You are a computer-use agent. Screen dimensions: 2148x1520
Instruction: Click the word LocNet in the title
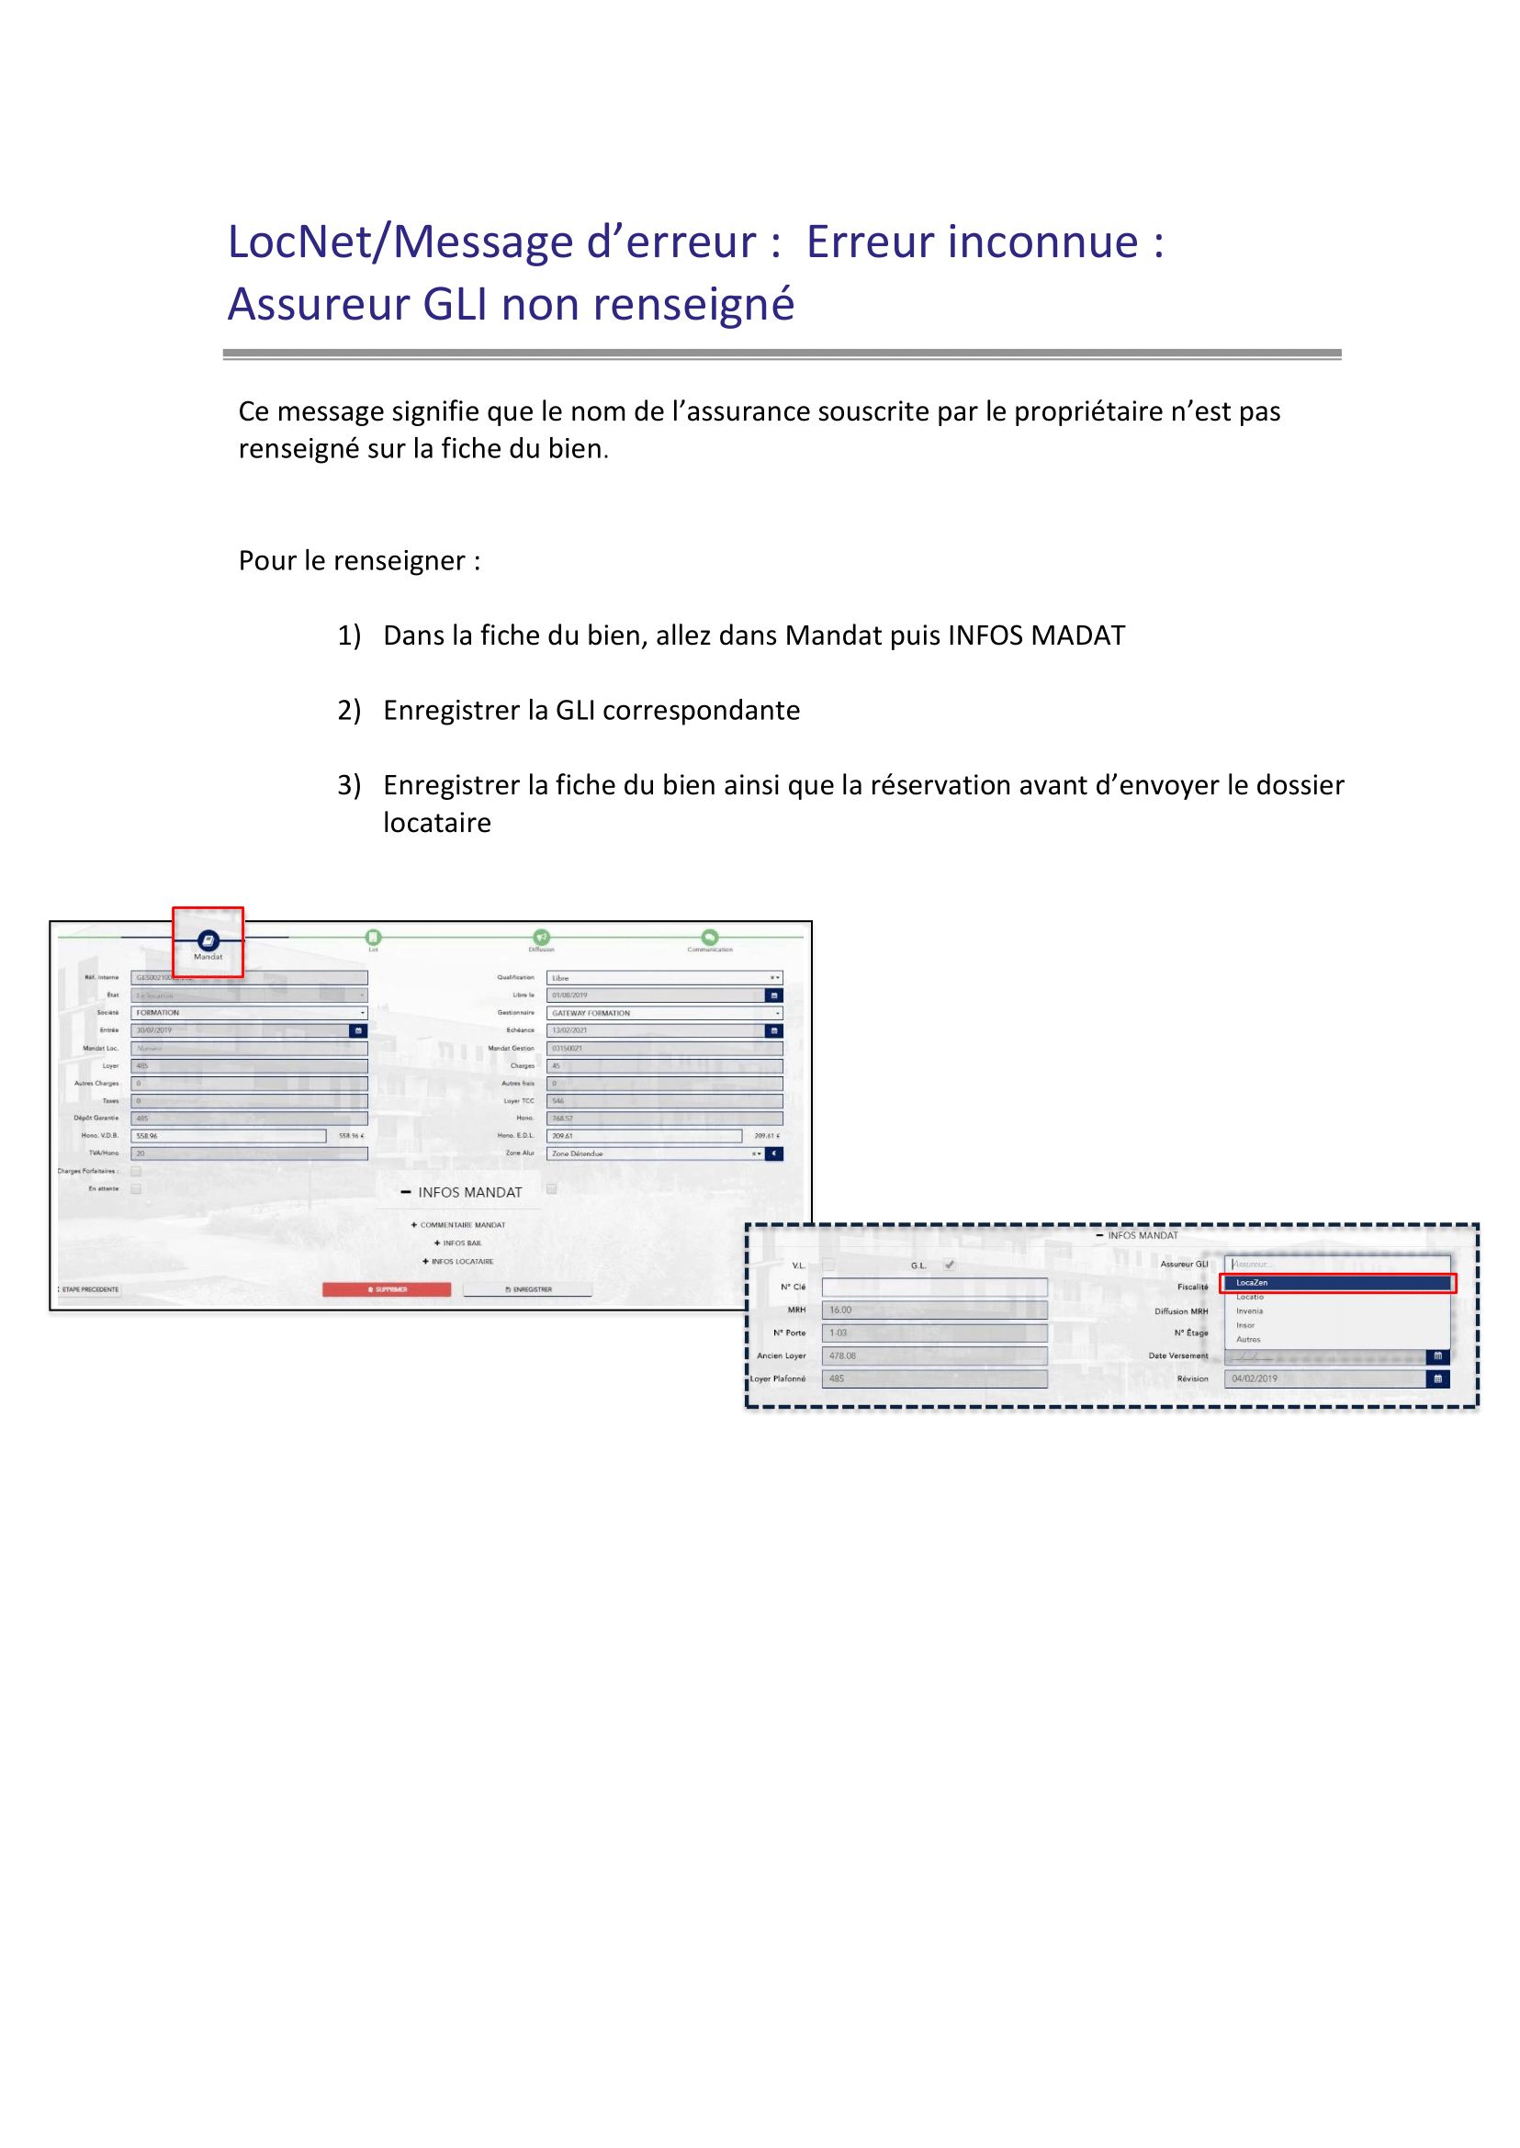pyautogui.click(x=299, y=242)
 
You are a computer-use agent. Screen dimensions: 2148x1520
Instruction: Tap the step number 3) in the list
pyautogui.click(x=348, y=785)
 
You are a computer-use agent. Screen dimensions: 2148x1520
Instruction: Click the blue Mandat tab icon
pyautogui.click(x=208, y=940)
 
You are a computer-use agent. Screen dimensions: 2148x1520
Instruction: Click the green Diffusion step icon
pyautogui.click(x=541, y=937)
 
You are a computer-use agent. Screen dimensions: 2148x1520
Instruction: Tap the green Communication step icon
pyautogui.click(x=709, y=937)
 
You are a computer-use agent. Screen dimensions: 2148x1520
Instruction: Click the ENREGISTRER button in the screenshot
pyautogui.click(x=528, y=1289)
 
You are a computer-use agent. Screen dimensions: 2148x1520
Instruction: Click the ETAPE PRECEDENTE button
pyautogui.click(x=90, y=1289)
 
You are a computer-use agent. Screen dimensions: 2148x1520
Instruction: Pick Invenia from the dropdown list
pyautogui.click(x=1249, y=1311)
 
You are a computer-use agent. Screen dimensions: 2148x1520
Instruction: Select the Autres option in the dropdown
pyautogui.click(x=1248, y=1339)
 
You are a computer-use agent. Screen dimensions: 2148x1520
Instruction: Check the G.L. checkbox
pyautogui.click(x=949, y=1265)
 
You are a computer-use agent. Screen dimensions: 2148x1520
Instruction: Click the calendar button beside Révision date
pyautogui.click(x=1438, y=1378)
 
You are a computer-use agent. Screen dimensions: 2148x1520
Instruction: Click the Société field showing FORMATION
pyautogui.click(x=248, y=1013)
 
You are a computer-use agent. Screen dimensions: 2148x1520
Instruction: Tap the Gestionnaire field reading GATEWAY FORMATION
pyautogui.click(x=664, y=1013)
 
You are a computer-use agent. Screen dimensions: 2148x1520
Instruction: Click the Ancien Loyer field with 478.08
pyautogui.click(x=933, y=1356)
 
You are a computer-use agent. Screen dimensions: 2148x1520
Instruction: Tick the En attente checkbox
pyautogui.click(x=136, y=1188)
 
